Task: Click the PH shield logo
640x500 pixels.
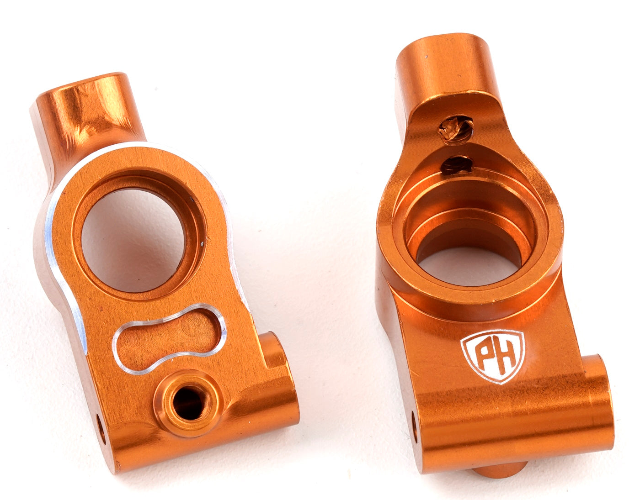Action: pyautogui.click(x=493, y=355)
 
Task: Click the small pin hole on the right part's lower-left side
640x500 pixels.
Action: pyautogui.click(x=415, y=424)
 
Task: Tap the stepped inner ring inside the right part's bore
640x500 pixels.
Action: pyautogui.click(x=471, y=219)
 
